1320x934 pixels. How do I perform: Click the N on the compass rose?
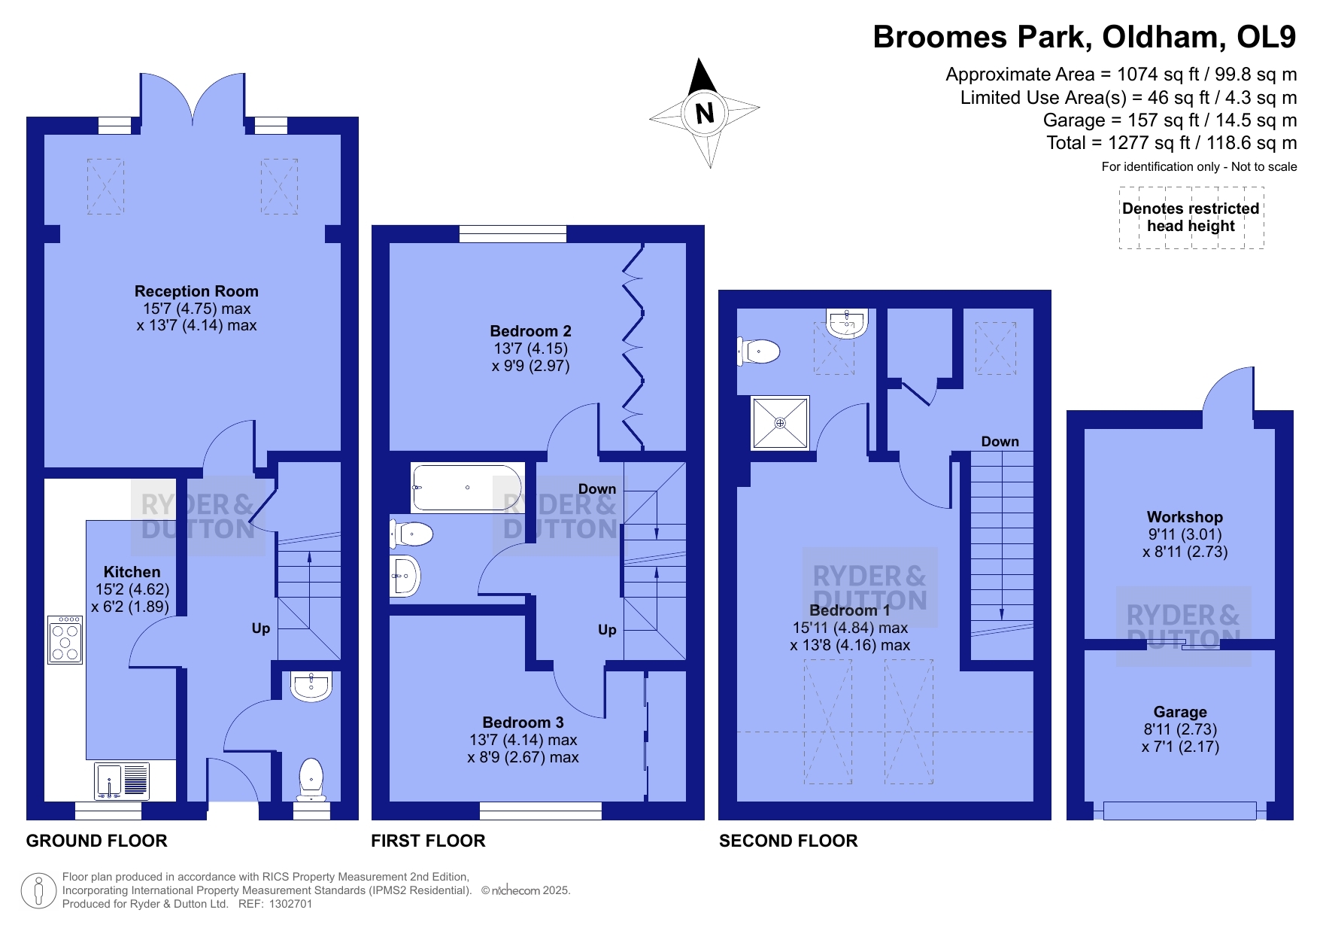click(705, 114)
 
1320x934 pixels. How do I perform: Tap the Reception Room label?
click(196, 291)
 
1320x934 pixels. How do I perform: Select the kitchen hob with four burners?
click(65, 640)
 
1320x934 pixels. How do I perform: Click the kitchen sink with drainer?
click(122, 780)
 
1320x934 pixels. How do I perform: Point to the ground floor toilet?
click(311, 779)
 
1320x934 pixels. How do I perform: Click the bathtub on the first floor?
click(466, 488)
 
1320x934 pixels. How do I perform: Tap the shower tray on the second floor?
click(780, 423)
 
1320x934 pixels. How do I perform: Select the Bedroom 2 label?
click(530, 331)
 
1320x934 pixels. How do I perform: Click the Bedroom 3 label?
click(523, 723)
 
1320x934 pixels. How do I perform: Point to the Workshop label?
click(1185, 517)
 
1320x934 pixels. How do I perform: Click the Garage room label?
click(1180, 712)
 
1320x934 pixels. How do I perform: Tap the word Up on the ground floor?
click(261, 628)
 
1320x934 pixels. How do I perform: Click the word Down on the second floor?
click(1000, 442)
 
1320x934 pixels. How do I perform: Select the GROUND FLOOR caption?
click(97, 841)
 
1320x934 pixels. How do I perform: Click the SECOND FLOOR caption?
click(788, 841)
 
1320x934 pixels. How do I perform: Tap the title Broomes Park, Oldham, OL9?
click(1085, 37)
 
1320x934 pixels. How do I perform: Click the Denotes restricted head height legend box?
click(1191, 218)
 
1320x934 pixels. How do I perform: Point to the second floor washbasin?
click(847, 323)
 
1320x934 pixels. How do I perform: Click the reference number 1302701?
click(287, 904)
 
